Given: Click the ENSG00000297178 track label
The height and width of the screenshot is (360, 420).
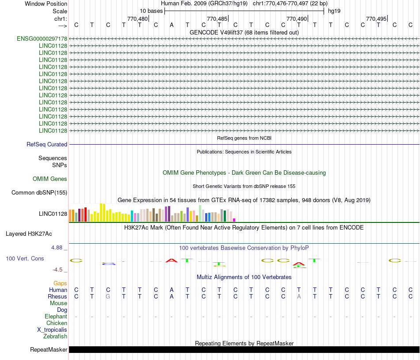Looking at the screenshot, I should click(x=42, y=39).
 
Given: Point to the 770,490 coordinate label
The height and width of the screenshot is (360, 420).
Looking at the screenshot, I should click(x=296, y=19).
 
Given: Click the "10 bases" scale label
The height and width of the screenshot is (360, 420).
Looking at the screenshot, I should click(x=151, y=11).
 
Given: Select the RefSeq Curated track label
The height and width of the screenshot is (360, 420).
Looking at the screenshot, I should click(x=47, y=144).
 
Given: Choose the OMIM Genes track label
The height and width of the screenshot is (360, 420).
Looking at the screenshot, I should click(x=50, y=179).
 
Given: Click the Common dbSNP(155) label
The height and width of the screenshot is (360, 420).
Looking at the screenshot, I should click(x=39, y=192).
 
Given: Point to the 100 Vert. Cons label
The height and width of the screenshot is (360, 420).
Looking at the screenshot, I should click(x=25, y=258).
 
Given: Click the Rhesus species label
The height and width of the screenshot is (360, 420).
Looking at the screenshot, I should click(x=58, y=296).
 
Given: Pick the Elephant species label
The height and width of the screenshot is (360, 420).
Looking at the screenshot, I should click(x=56, y=316).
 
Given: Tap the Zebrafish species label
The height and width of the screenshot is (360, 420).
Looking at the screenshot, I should click(x=55, y=336).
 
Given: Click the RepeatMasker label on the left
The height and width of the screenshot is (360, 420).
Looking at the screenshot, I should click(x=49, y=350).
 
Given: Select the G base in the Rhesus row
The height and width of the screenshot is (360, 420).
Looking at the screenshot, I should click(x=108, y=296).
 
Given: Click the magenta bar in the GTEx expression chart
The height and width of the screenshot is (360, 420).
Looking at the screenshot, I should click(x=234, y=220).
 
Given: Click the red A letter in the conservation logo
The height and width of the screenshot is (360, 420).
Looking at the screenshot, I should click(x=172, y=260).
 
